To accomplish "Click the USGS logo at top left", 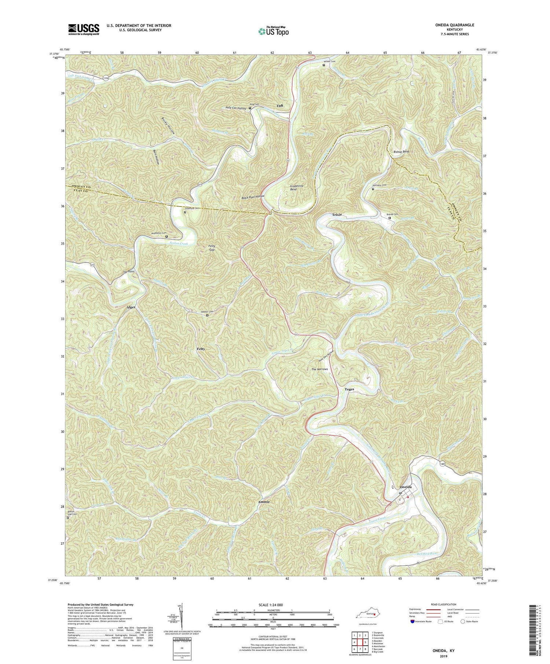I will (x=84, y=29).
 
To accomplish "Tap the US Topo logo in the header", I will (x=273, y=31).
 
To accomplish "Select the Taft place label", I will (x=280, y=106).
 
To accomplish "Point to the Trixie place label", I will (x=337, y=215).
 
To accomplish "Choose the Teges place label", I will (x=349, y=389).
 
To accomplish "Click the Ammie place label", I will (x=264, y=502).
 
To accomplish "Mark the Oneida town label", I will (x=406, y=487).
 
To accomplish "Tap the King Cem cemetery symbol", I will (x=250, y=108).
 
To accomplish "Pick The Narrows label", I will (x=319, y=369).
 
